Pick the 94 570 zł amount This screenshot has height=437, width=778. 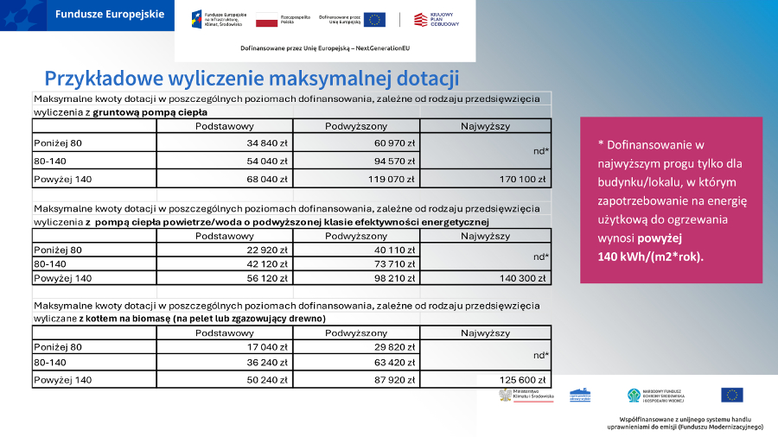coord(394,161)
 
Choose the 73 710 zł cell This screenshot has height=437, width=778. coord(394,264)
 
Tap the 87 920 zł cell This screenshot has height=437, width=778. coord(394,380)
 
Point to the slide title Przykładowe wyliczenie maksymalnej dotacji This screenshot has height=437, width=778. coord(251,79)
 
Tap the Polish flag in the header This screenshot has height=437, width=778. coord(266,20)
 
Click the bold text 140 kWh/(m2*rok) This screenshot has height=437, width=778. coord(651,257)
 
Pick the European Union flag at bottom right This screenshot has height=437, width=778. coord(731,395)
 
